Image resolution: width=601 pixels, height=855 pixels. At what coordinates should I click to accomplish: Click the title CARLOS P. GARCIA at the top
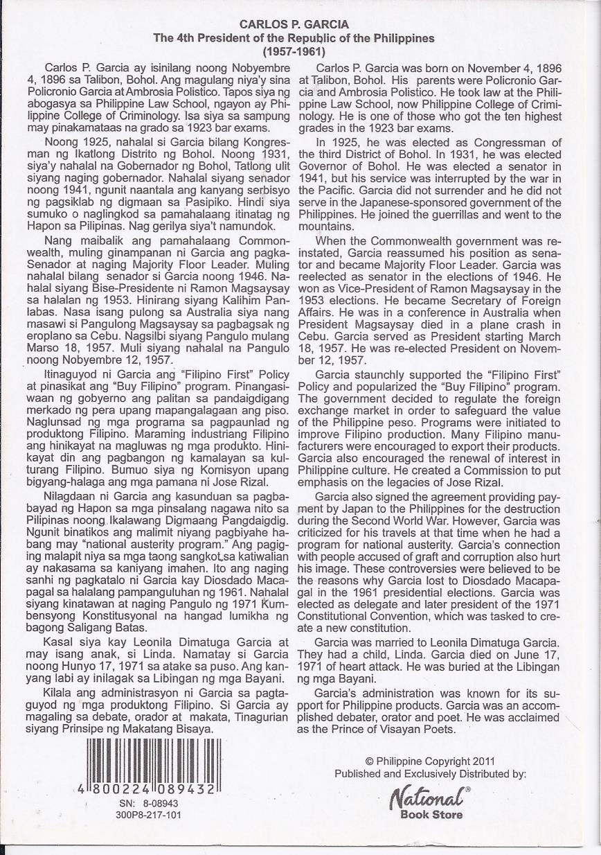294,25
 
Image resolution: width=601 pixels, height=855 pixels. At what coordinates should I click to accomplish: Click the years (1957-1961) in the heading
294,51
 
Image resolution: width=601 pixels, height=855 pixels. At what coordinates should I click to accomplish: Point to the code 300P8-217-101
149,815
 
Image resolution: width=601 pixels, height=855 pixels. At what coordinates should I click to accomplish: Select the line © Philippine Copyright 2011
430,761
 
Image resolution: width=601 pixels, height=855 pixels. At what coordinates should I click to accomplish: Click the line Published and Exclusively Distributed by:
430,773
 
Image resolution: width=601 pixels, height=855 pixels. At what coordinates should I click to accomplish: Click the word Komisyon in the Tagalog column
171,469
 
